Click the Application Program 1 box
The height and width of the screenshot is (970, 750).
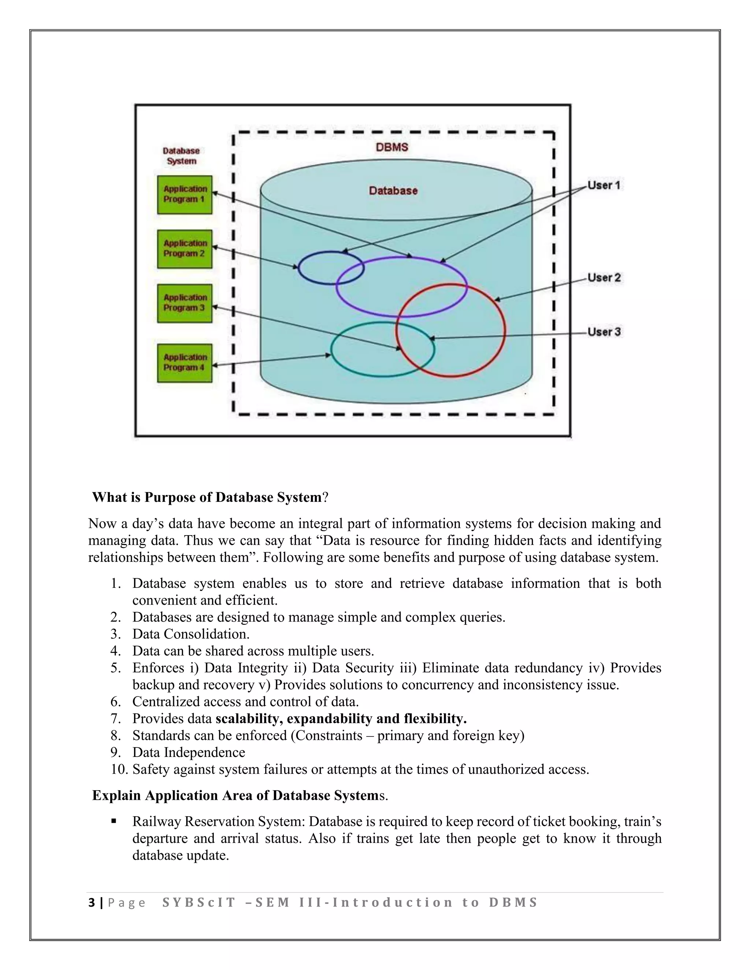pyautogui.click(x=185, y=194)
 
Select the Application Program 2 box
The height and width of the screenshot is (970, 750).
pyautogui.click(x=185, y=249)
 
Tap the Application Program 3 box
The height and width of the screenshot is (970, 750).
pyautogui.click(x=185, y=303)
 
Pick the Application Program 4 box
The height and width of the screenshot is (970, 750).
pyautogui.click(x=185, y=362)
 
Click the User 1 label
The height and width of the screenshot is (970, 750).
pyautogui.click(x=604, y=185)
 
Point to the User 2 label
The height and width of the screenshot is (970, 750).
pyautogui.click(x=604, y=277)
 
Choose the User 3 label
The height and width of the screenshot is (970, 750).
pyautogui.click(x=604, y=332)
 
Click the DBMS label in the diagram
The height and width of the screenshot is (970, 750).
pyautogui.click(x=392, y=147)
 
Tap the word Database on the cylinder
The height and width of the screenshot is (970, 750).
pyautogui.click(x=393, y=191)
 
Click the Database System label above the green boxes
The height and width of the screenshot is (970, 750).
pyautogui.click(x=181, y=156)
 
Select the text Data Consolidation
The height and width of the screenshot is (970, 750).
pyautogui.click(x=190, y=634)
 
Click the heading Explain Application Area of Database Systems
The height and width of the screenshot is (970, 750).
pyautogui.click(x=240, y=795)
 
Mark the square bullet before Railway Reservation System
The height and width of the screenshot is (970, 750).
pyautogui.click(x=114, y=821)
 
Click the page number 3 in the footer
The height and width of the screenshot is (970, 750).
pyautogui.click(x=92, y=903)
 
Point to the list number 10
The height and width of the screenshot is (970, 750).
pyautogui.click(x=119, y=769)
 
